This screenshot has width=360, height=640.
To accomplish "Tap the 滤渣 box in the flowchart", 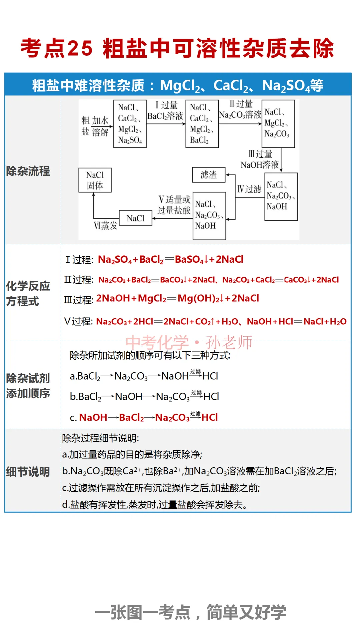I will [209, 175].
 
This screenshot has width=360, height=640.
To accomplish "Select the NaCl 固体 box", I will [95, 180].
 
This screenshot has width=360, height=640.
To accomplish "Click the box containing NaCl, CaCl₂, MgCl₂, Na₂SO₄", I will [130, 124].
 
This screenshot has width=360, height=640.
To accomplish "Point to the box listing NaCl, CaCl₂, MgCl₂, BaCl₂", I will [202, 124].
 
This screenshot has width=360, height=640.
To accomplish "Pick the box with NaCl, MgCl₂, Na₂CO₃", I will [278, 123].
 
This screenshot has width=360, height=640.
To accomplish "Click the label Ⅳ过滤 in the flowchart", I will [249, 189].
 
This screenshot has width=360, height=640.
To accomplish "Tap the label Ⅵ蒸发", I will [106, 226].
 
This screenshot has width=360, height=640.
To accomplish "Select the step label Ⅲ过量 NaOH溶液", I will [260, 159].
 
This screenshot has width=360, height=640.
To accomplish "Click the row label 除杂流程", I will [28, 171].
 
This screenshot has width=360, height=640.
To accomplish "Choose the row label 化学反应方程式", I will [28, 293].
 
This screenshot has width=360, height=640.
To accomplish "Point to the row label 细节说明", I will [28, 472].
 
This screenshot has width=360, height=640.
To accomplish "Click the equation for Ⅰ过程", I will [170, 259].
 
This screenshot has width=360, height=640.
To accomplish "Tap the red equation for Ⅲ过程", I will [177, 298].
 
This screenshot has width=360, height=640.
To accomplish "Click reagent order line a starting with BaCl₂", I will [144, 376].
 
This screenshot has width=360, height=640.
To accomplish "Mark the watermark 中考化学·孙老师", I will [189, 342].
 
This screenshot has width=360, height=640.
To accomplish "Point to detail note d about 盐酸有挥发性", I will [155, 505].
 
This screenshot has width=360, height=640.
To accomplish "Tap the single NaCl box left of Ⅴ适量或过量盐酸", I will [136, 218].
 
